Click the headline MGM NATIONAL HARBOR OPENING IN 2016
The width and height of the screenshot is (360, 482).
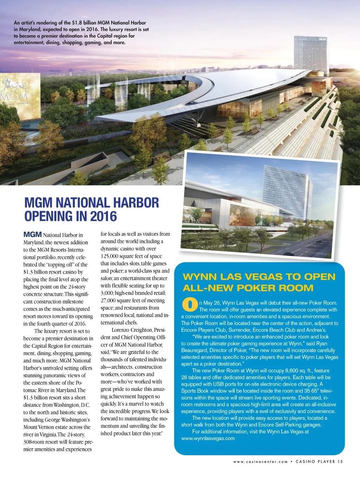coord(91,209)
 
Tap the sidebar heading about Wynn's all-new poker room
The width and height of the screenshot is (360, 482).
coord(259,282)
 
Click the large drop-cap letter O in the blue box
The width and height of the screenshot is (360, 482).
coord(190,305)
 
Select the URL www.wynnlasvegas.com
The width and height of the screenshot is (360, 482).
coord(208,438)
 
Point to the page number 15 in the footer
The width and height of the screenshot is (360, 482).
coord(340,462)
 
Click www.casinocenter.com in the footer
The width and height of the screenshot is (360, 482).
coord(260,462)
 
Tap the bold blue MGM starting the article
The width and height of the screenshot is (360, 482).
coord(32,235)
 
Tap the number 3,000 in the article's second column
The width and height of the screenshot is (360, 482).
coord(107,293)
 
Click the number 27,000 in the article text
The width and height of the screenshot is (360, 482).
coord(108,300)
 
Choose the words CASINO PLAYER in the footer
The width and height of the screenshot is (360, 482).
coord(316,462)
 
